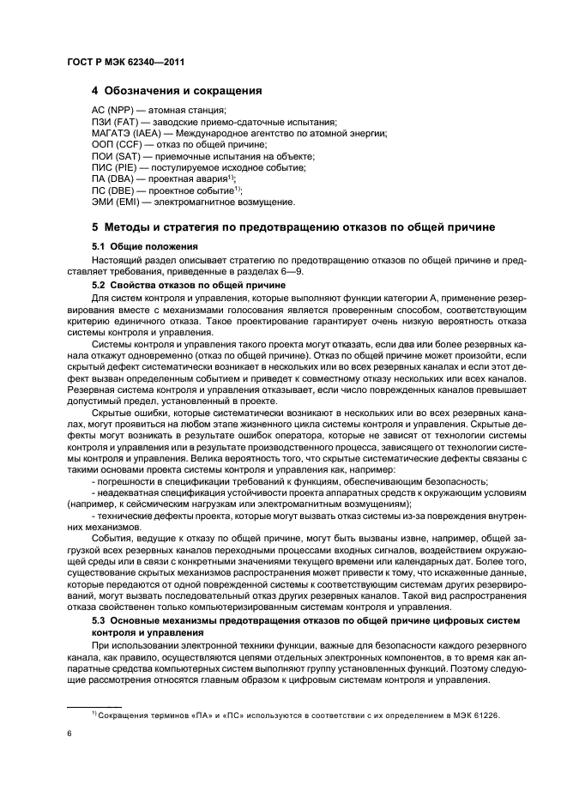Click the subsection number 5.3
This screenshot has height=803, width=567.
point(99,619)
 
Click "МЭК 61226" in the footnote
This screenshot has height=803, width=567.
point(475,715)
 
